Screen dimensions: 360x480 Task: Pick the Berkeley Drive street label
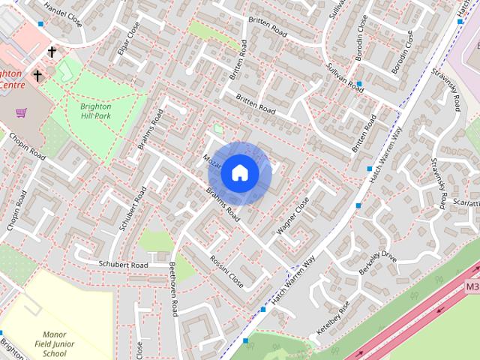pos(377,264)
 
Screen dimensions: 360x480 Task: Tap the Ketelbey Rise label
pos(334,319)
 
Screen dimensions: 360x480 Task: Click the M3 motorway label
pos(472,286)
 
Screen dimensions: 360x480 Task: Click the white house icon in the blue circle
pos(239,173)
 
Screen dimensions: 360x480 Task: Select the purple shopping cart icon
pos(21,112)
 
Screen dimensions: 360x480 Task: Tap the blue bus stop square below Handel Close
pos(40,24)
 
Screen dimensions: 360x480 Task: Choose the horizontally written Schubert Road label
pos(124,265)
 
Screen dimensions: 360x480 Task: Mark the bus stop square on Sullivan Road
pos(360,84)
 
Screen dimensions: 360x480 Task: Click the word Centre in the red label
pos(12,85)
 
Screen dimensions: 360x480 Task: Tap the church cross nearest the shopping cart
pos(37,75)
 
